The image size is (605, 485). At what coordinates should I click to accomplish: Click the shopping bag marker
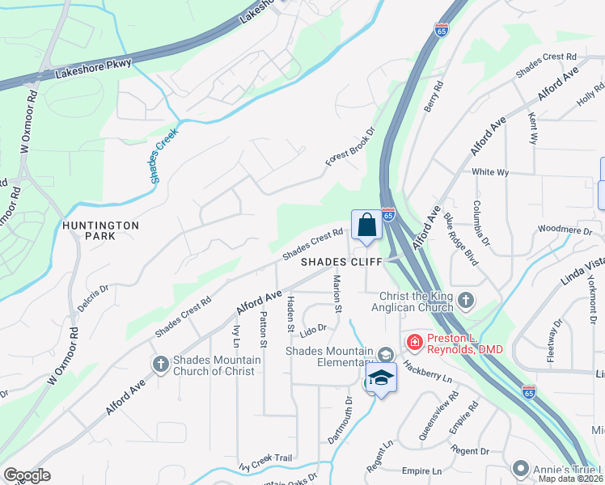point(366,225)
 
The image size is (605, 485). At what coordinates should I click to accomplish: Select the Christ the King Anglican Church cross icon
point(465,301)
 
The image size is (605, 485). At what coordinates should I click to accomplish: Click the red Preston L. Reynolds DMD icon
point(414,343)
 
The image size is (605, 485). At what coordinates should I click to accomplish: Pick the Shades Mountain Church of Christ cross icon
point(160,365)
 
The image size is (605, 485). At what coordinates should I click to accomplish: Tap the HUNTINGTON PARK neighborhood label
point(99,230)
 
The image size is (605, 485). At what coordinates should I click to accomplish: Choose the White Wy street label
point(490,172)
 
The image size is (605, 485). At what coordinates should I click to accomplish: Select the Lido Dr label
point(311,328)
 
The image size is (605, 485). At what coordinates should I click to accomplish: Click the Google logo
point(27,475)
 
